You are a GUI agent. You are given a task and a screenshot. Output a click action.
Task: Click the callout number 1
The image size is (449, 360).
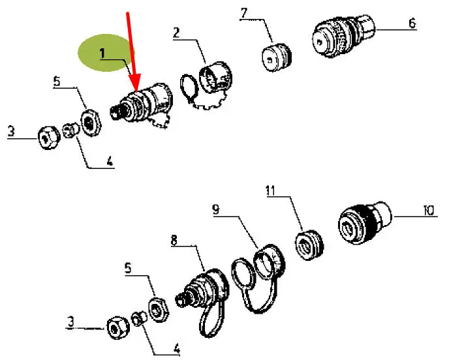coord(102,53)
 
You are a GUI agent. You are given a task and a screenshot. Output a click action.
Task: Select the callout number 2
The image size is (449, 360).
coord(176,33)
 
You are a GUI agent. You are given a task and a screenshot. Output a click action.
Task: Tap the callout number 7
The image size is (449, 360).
coord(243,14)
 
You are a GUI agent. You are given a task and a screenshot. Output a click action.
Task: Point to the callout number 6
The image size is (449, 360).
coord(412,23)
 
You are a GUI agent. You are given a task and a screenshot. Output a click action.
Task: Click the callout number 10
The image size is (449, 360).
coord(429,211)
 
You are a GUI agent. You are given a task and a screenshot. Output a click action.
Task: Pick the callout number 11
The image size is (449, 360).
coord(271,190)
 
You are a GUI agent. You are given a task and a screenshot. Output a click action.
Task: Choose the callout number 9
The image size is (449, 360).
coord(216,209)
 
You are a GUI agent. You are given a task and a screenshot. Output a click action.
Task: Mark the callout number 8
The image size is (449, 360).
coord(174,240)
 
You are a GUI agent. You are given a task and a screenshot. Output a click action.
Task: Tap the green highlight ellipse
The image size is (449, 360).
coord(106,53)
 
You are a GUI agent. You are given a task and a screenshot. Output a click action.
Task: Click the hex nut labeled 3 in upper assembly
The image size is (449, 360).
coord(49,138)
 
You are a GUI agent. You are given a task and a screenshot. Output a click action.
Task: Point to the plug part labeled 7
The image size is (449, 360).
coord(277,57)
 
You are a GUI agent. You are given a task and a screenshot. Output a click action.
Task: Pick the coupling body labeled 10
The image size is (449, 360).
coord(364,222)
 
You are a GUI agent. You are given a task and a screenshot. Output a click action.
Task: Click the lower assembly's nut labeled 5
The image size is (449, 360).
coord(159,310)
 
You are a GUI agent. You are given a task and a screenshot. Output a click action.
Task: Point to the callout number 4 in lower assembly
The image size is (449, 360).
coord(177,349)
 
